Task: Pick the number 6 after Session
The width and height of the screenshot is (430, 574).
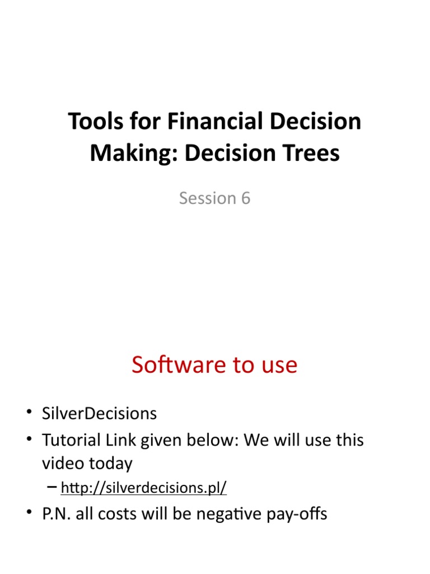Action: pyautogui.click(x=245, y=198)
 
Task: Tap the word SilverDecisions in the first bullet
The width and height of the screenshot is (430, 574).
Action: pyautogui.click(x=99, y=414)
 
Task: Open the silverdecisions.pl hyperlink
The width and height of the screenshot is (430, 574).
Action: pyautogui.click(x=143, y=488)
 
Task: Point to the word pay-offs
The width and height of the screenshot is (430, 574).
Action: pyautogui.click(x=299, y=514)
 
